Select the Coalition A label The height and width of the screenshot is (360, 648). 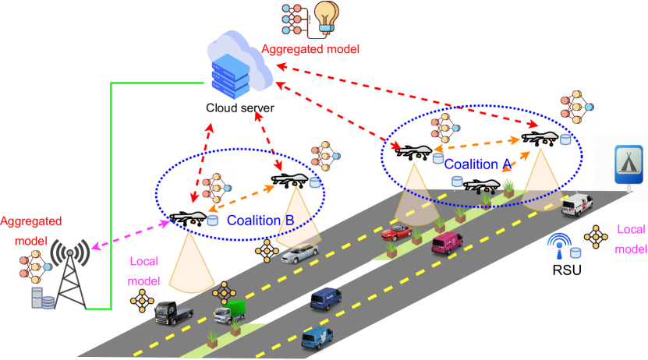tap(476, 164)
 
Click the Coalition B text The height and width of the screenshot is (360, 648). tap(260, 221)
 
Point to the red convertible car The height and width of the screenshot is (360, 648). tap(396, 231)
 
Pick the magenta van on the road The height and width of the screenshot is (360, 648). tap(448, 242)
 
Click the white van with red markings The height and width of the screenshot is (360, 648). tap(577, 204)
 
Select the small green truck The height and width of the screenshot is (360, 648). tap(230, 311)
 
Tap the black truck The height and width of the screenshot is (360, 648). tap(173, 312)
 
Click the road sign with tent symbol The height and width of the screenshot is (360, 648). tap(629, 163)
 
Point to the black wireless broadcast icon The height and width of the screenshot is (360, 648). tap(70, 252)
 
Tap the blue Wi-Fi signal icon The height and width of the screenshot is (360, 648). tap(558, 245)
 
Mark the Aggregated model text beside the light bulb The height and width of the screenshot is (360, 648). tap(310, 49)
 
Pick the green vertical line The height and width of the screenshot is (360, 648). tap(112, 195)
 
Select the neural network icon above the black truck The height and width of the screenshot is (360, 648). tap(142, 300)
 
